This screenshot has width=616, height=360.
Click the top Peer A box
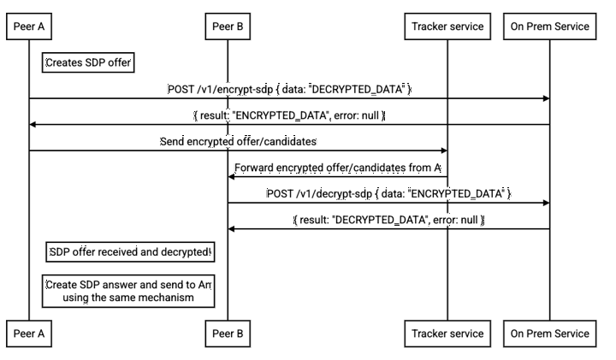pyautogui.click(x=29, y=27)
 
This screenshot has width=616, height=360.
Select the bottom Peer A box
pyautogui.click(x=29, y=333)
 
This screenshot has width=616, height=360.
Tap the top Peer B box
pyautogui.click(x=228, y=27)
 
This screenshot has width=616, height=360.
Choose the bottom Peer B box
pyautogui.click(x=228, y=333)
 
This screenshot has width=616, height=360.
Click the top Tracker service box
pyautogui.click(x=447, y=27)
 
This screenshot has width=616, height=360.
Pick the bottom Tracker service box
pyautogui.click(x=447, y=333)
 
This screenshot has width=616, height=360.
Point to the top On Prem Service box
pyautogui.click(x=549, y=27)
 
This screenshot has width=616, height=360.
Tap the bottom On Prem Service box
pyautogui.click(x=549, y=333)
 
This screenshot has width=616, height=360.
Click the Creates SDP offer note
pyautogui.click(x=88, y=62)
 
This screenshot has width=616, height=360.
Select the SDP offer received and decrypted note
pyautogui.click(x=130, y=251)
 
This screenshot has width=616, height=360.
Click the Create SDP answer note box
pyautogui.click(x=128, y=291)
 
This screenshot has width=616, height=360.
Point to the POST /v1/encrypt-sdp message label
pyautogui.click(x=289, y=89)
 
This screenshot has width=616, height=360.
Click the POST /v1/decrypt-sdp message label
pyautogui.click(x=388, y=193)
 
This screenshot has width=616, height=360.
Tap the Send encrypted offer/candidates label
pyautogui.click(x=238, y=141)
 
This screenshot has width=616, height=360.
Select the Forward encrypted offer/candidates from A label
pyautogui.click(x=338, y=168)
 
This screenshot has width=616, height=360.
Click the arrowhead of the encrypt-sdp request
pyautogui.click(x=547, y=98)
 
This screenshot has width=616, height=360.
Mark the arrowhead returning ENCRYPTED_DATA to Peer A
pyautogui.click(x=33, y=125)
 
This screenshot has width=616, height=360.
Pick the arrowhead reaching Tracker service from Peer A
pyautogui.click(x=444, y=150)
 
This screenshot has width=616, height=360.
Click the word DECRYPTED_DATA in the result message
pyautogui.click(x=380, y=220)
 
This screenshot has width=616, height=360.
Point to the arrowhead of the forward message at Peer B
pyautogui.click(x=231, y=177)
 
